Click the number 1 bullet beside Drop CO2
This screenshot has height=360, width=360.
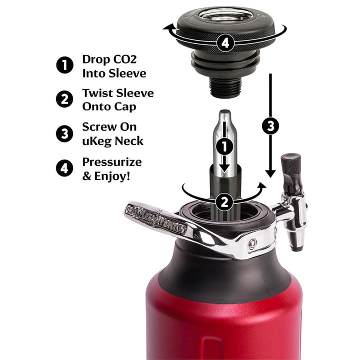coord(64,65)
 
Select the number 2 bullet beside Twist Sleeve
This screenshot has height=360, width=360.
coord(64,99)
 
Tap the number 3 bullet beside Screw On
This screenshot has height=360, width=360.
coord(64,134)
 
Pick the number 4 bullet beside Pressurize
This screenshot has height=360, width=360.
coord(64,168)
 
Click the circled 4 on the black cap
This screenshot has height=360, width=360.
coord(225,43)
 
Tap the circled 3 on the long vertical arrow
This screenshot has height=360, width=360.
coord(270,126)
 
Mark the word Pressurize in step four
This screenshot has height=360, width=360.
coord(112,162)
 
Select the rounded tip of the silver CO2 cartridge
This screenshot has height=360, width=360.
coord(225,114)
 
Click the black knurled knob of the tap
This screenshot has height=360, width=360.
coord(290,165)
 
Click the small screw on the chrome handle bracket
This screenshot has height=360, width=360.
coord(253,243)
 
